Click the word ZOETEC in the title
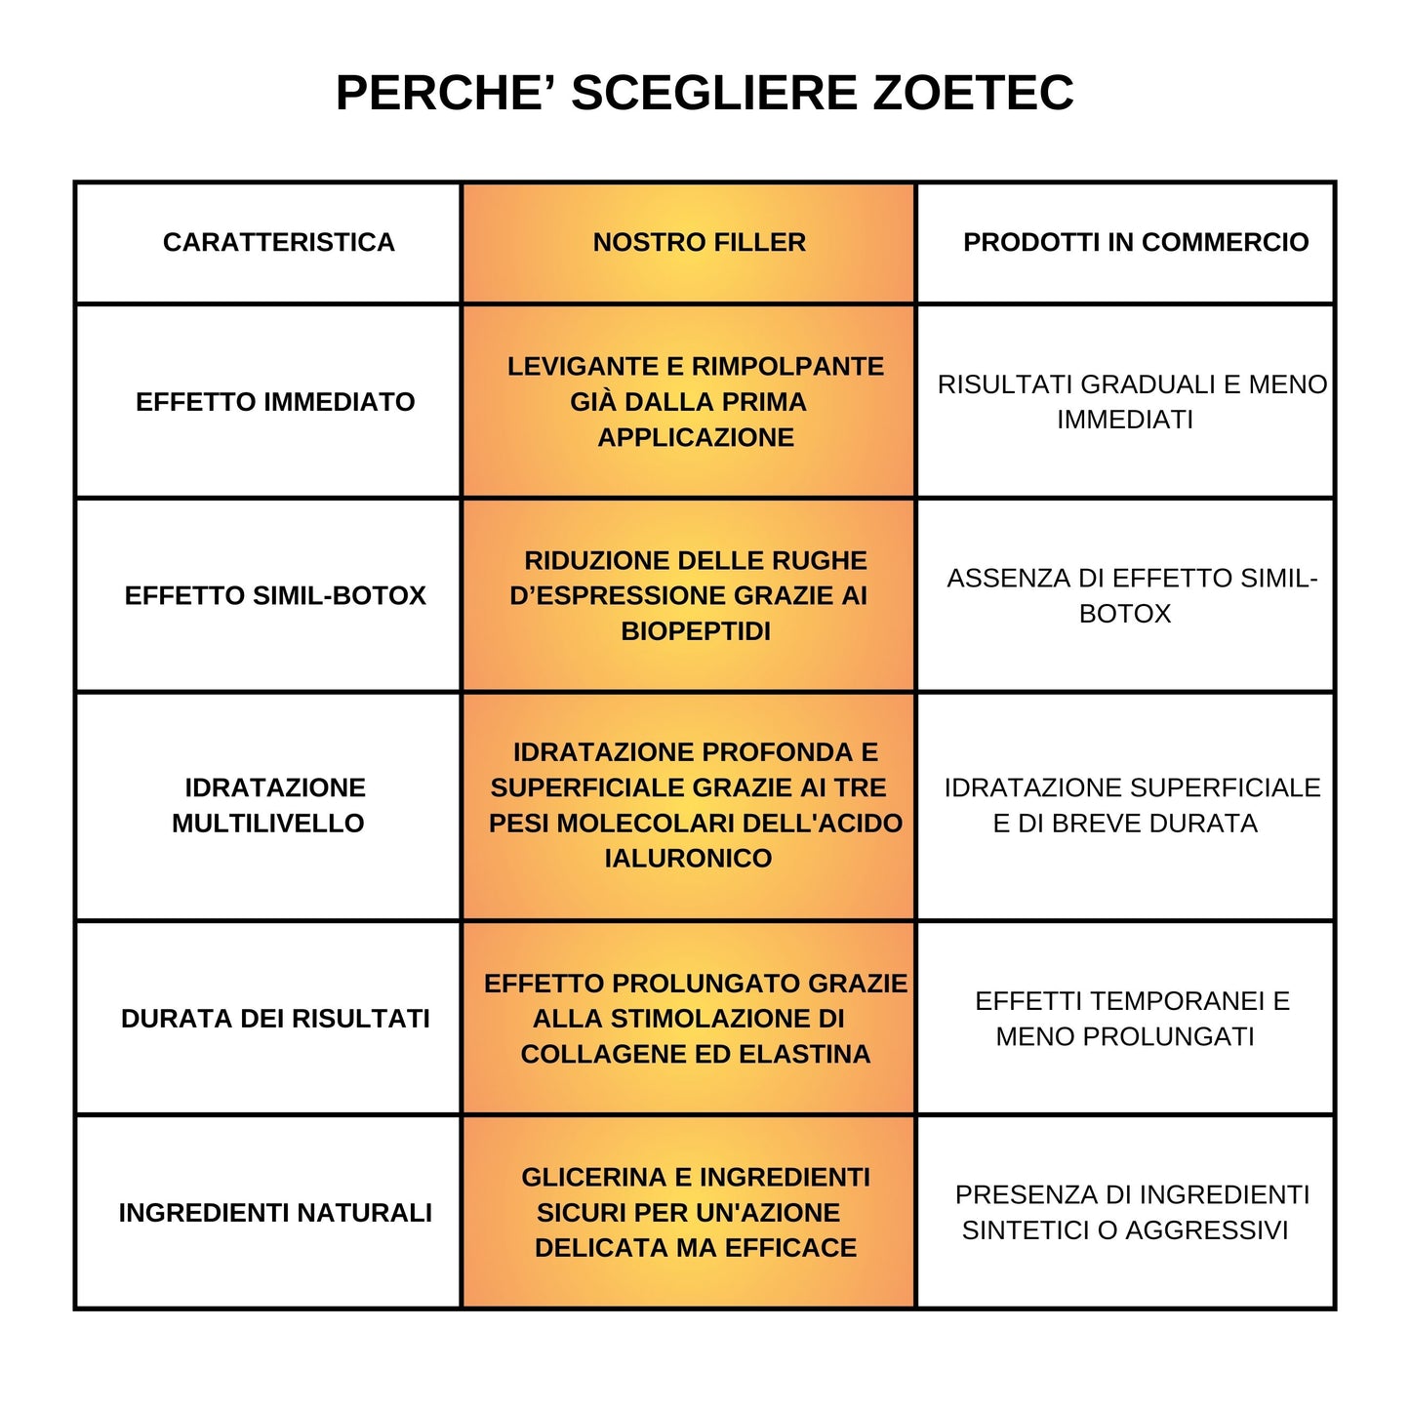coord(972,94)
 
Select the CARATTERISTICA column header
coord(278,243)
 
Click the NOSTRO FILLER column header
coord(699,243)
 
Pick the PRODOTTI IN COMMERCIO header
coord(1135,243)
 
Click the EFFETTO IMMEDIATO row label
coord(275,402)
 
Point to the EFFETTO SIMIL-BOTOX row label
coord(275,596)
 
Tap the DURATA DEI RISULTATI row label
coord(275,1019)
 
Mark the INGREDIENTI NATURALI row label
coord(275,1213)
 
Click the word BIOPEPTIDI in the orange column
coord(696,631)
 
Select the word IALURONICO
coord(688,859)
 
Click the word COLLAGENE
coord(588,1055)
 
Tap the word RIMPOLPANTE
coord(787,367)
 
